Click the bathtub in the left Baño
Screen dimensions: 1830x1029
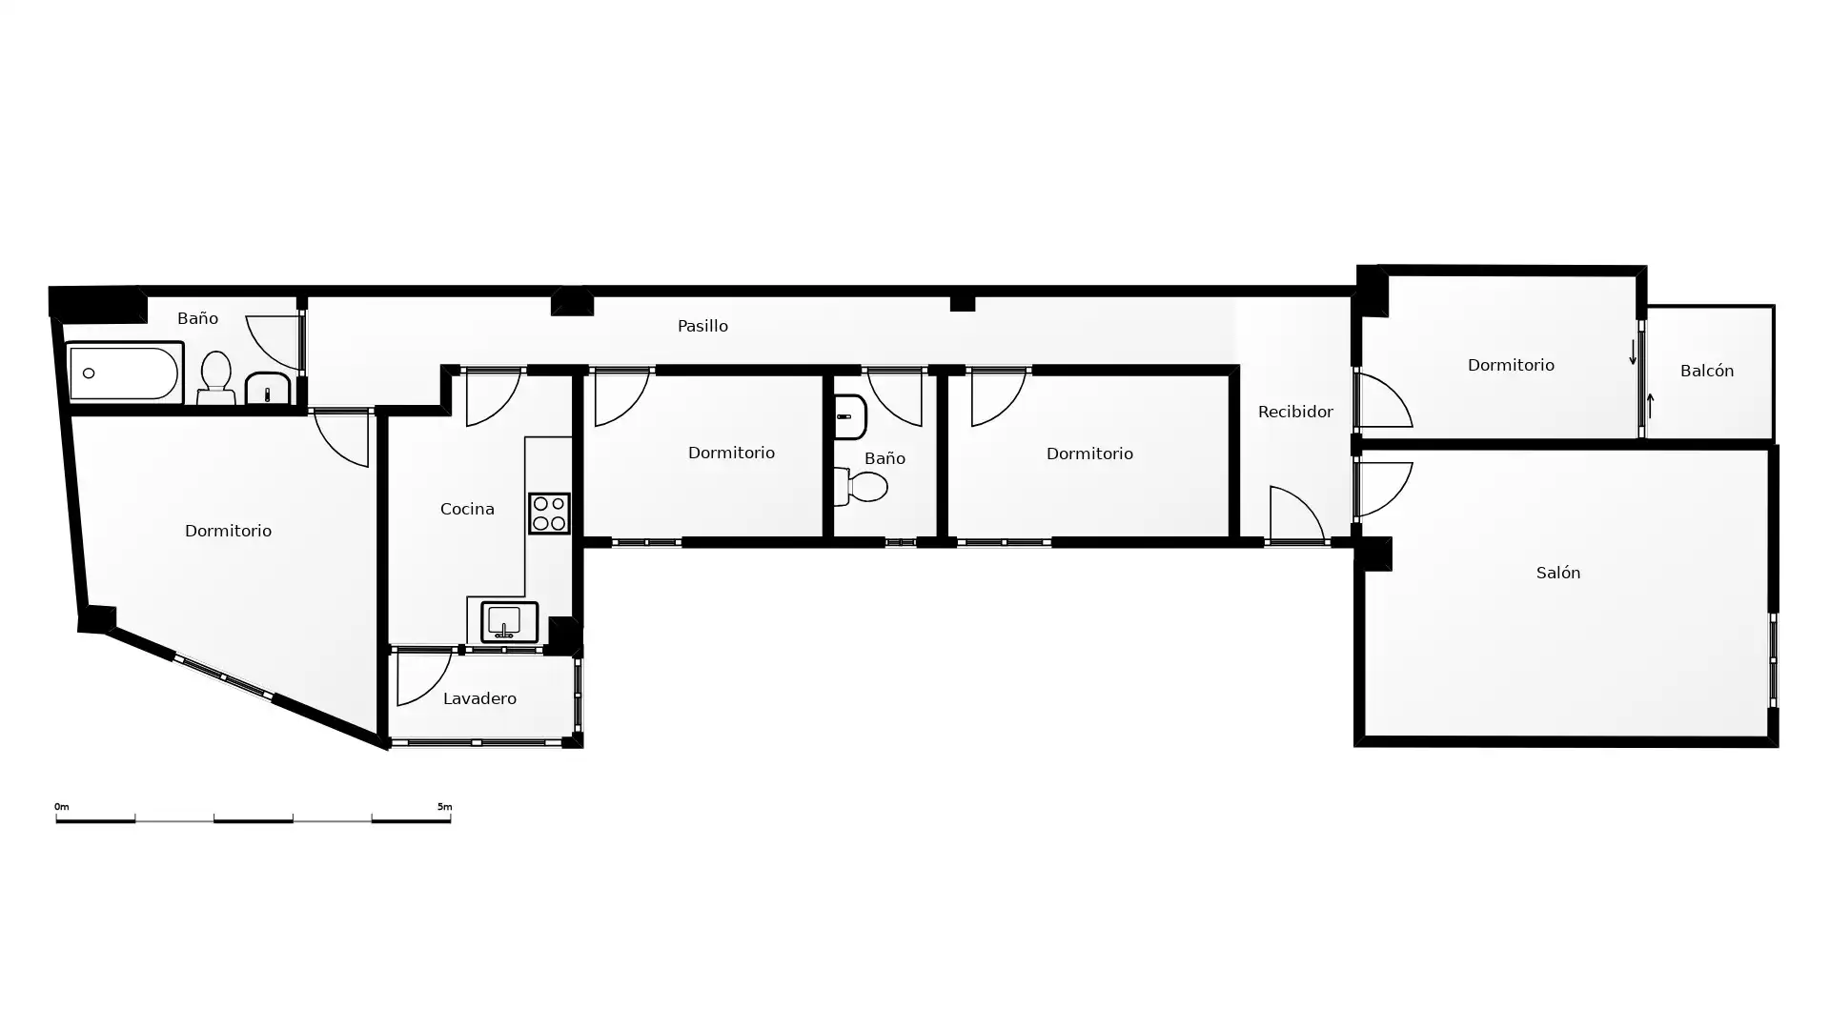click(x=124, y=373)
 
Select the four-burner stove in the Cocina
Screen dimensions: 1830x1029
click(x=549, y=513)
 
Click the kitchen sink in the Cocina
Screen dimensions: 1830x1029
click(x=509, y=622)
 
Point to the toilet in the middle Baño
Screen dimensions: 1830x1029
click(x=861, y=487)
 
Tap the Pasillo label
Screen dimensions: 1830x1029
click(x=702, y=326)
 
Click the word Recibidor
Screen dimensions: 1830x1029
click(x=1295, y=412)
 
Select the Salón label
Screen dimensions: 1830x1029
click(x=1558, y=573)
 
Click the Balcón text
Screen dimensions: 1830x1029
click(x=1707, y=371)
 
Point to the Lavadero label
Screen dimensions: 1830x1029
click(x=479, y=698)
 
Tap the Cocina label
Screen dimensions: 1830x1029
click(x=467, y=509)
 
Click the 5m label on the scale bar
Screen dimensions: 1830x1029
click(x=444, y=807)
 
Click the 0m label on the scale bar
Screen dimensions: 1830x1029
click(x=62, y=807)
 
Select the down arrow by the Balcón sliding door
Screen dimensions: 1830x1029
click(x=1633, y=352)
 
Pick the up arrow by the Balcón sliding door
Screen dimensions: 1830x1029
click(x=1650, y=405)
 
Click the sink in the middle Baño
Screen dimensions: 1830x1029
click(x=849, y=416)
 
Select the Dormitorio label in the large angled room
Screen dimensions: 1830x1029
click(x=228, y=531)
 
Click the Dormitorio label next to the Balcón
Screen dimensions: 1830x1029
click(x=1511, y=365)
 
